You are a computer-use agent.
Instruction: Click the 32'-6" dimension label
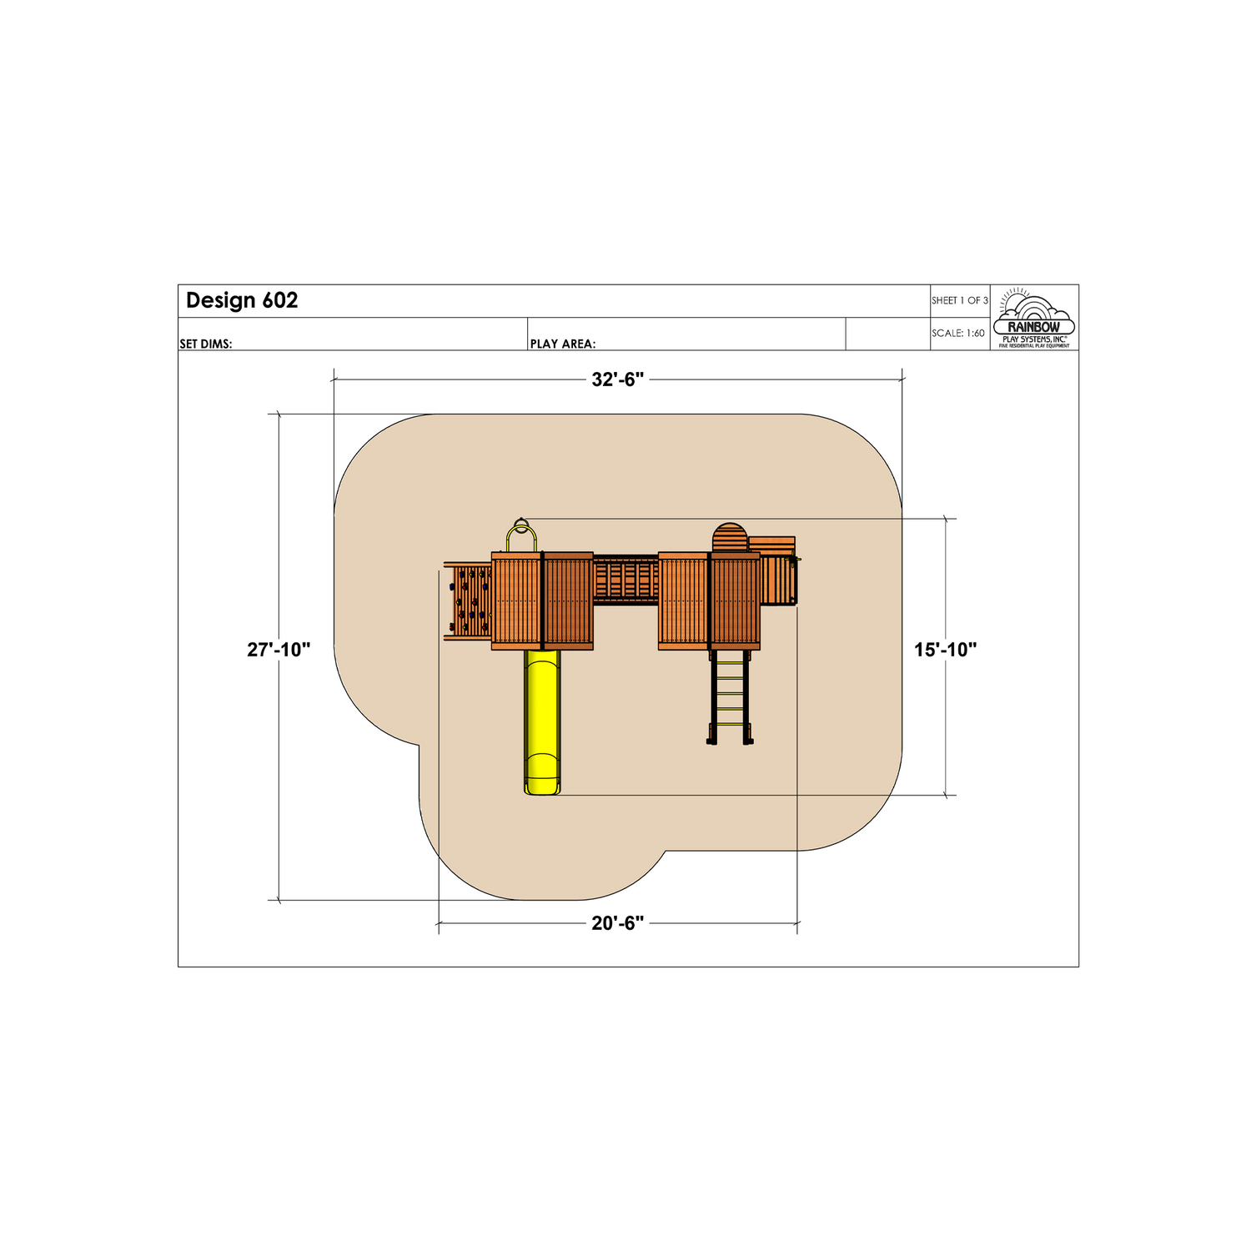coord(618,379)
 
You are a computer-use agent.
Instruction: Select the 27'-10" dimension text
coord(279,650)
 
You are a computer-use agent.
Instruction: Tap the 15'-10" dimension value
coord(945,650)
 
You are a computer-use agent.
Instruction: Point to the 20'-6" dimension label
coord(618,923)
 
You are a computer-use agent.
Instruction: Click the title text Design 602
coord(242,300)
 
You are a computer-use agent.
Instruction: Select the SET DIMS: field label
coord(206,344)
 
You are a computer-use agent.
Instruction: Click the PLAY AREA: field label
coord(563,344)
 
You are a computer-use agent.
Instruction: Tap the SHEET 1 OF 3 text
coord(960,300)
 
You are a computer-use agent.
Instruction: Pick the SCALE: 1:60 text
coord(958,333)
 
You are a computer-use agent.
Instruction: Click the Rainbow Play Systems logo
coord(1034,318)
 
